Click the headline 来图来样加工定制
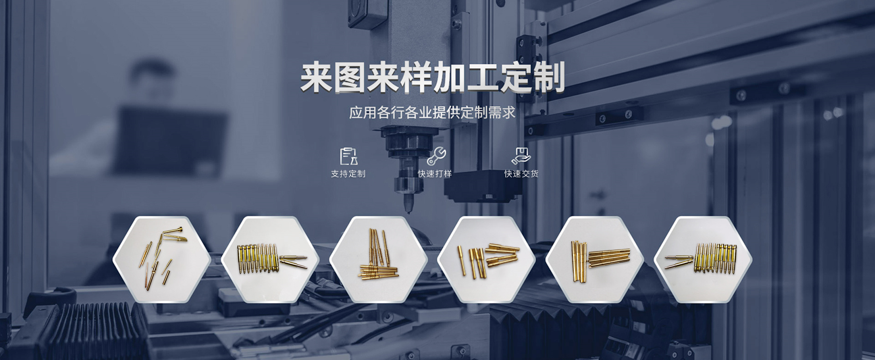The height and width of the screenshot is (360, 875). (432, 78)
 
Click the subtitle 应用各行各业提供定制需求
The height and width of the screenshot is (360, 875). (432, 112)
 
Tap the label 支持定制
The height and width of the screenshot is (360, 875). (348, 174)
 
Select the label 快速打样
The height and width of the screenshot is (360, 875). (435, 174)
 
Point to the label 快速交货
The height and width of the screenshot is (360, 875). (521, 174)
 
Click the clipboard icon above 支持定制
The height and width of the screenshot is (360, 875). (349, 156)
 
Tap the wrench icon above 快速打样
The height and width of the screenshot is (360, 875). (437, 156)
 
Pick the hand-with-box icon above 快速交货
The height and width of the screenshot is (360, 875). (521, 156)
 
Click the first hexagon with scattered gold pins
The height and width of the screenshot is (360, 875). (162, 259)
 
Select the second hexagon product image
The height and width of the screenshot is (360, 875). (270, 259)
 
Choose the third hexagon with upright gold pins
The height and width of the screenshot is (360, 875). (378, 259)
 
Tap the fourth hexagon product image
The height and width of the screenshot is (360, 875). (486, 259)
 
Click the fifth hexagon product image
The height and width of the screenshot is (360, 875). (595, 259)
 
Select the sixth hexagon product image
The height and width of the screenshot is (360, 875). (703, 259)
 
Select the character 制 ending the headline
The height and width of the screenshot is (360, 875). (549, 78)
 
